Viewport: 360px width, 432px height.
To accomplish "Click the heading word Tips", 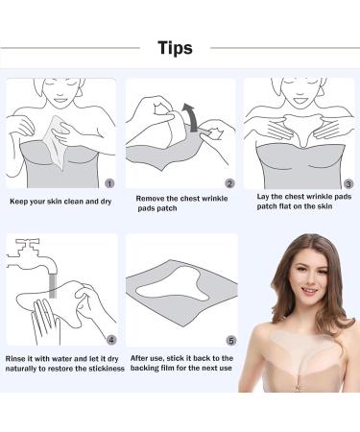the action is coord(176,48).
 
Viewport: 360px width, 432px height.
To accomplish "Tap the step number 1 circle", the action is coord(109,183).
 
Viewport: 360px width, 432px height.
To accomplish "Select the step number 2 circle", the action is coord(229,183).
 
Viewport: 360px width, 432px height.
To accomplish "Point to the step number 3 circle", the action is coord(348,183).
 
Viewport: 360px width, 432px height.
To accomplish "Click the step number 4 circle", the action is coord(110,340).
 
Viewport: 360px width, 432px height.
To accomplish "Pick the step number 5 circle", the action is coord(231,341).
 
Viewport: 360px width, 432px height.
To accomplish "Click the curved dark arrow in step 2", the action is coord(191,117).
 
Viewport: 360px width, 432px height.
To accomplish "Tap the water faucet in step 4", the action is coord(31,256).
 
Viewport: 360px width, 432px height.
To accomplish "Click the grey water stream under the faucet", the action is coord(53,286).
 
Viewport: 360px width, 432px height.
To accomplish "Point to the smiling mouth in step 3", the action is coord(300,100).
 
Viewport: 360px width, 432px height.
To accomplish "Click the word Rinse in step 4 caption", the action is coord(14,358).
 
